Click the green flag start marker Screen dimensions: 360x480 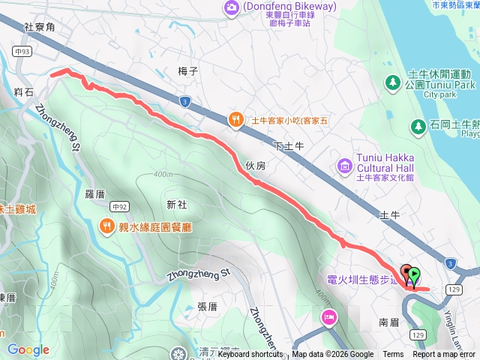pos(415,275)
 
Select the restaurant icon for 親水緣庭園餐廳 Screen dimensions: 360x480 pos(107,226)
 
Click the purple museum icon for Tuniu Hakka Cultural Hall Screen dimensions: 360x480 pos(344,165)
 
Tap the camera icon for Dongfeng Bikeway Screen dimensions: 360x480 pos(231,7)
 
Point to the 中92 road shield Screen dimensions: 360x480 pos(118,205)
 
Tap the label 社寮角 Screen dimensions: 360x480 pos(39,26)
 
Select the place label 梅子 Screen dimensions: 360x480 pos(187,71)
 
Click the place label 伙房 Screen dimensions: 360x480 pos(255,166)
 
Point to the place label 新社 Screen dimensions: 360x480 pos(176,205)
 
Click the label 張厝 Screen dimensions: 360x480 pos(207,306)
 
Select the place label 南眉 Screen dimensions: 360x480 pos(388,321)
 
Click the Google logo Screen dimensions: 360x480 pos(28,349)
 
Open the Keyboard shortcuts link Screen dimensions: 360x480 pos(251,355)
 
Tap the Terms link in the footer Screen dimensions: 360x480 pos(393,355)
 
